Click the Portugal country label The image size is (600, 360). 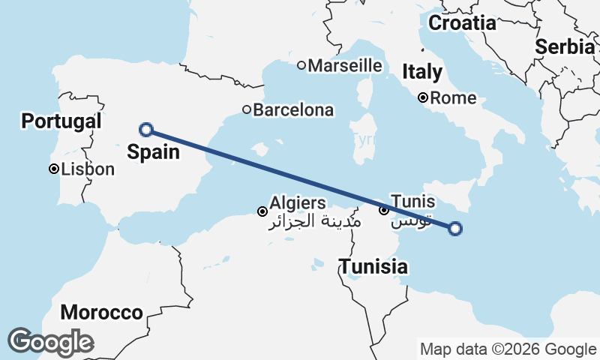click(x=61, y=121)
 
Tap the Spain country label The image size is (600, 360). click(x=153, y=152)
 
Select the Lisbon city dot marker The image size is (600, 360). click(x=54, y=169)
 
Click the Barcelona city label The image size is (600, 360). click(x=293, y=110)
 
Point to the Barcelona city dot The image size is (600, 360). click(x=247, y=110)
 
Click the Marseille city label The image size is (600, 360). click(x=345, y=65)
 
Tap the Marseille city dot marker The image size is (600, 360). click(x=301, y=65)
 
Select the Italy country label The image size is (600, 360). click(x=422, y=72)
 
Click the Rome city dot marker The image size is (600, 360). click(x=424, y=97)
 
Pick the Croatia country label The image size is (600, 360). click(x=462, y=23)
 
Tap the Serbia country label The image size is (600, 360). click(x=565, y=46)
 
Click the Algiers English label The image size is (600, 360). click(x=298, y=202)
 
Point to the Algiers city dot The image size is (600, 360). click(x=262, y=211)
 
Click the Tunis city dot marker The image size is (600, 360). click(x=384, y=211)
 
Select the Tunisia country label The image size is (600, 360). click(x=373, y=266)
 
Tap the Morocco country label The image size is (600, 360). click(x=102, y=312)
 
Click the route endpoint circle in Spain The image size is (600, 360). click(x=147, y=130)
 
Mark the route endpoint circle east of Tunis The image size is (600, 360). click(x=455, y=229)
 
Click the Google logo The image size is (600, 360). click(x=49, y=342)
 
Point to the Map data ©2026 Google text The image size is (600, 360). click(x=508, y=349)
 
